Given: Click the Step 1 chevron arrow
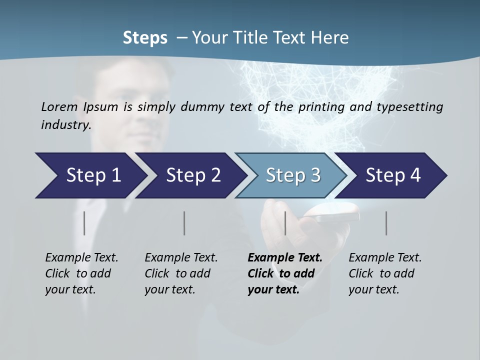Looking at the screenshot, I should click(x=90, y=175).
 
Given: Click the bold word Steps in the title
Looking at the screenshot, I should click(x=145, y=38).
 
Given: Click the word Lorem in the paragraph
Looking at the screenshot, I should click(x=59, y=106).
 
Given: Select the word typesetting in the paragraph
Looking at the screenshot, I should click(x=413, y=106).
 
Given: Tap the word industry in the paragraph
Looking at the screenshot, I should click(x=65, y=124).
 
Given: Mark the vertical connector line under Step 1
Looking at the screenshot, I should click(x=84, y=223).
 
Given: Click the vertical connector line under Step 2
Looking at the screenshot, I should click(x=184, y=223).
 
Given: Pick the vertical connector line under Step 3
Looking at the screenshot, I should click(x=285, y=223).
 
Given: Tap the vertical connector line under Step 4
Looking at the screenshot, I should click(x=386, y=223).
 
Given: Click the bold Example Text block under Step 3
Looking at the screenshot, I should click(x=284, y=273).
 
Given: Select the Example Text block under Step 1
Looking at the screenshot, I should click(x=81, y=273).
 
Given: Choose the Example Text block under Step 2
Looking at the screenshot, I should click(x=181, y=273).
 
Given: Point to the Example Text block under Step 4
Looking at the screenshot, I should click(x=385, y=273).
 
